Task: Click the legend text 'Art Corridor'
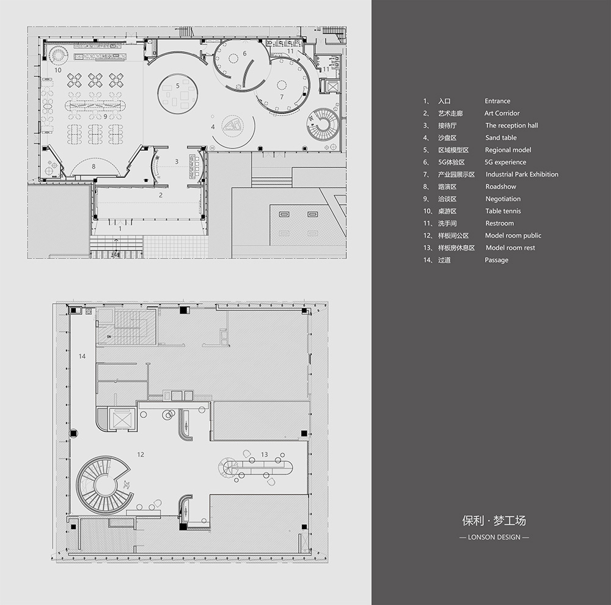pos(502,113)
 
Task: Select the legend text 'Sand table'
pos(501,137)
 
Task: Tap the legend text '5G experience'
pos(505,162)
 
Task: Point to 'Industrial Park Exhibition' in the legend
pos(522,174)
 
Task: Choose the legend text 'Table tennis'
pos(503,211)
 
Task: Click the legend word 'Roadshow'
pos(501,187)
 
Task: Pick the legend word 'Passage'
pos(496,260)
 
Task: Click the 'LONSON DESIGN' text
pos(494,537)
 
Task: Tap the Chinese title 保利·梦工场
pos(494,521)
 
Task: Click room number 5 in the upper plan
pos(178,86)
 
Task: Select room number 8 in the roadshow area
pos(93,166)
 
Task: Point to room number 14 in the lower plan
pos(82,356)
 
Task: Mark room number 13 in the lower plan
pos(264,455)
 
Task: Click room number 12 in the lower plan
pos(141,455)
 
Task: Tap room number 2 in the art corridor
pos(161,196)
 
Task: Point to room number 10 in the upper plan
pos(57,70)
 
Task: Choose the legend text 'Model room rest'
pos(510,248)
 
